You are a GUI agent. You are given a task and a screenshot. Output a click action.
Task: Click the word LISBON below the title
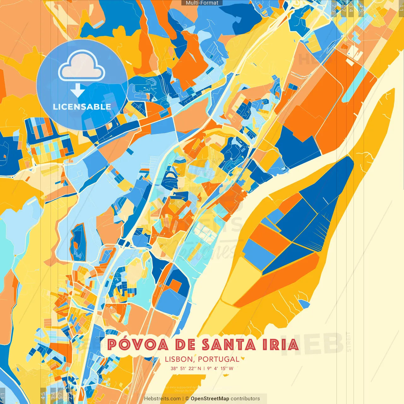179,359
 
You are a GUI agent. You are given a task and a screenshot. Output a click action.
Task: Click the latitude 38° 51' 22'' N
186,368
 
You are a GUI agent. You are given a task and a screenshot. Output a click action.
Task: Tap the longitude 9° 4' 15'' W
220,368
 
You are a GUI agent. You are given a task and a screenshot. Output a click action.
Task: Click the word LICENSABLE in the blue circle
82,107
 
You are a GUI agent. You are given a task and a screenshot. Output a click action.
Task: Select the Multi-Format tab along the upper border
202,3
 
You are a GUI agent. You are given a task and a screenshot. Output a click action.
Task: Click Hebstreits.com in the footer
162,399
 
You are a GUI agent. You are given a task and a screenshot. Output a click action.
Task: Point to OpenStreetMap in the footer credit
210,399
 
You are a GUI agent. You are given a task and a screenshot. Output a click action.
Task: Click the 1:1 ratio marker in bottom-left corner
3,395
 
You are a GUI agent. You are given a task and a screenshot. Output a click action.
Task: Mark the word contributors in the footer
245,399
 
